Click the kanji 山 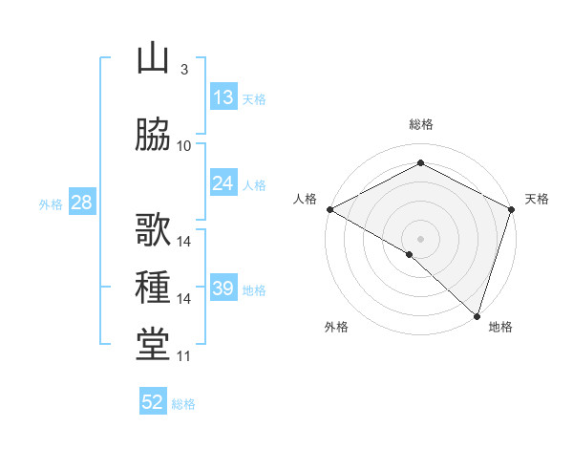[x=153, y=60]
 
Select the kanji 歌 [x=153, y=231]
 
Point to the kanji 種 [x=153, y=288]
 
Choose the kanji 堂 [x=153, y=345]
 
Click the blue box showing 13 [x=223, y=96]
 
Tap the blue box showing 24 [x=223, y=183]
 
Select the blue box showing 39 [x=223, y=289]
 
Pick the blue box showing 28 [x=81, y=202]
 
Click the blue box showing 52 [x=153, y=402]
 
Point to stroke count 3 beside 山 [x=183, y=71]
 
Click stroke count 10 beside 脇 [x=184, y=146]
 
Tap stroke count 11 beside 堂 [x=184, y=356]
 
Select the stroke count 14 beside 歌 [x=184, y=242]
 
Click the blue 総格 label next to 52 [x=183, y=404]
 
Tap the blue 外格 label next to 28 [x=50, y=203]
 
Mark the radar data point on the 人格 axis [x=329, y=209]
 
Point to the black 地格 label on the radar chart [x=500, y=328]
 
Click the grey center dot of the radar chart [x=420, y=238]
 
